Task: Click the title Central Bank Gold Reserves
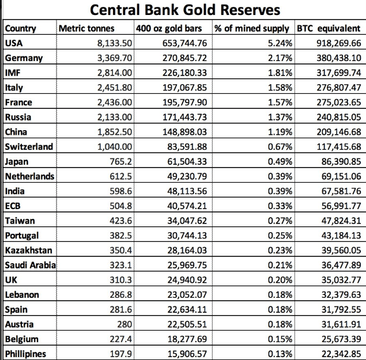coord(183,10)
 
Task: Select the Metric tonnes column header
coord(86,28)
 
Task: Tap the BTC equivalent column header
coord(328,28)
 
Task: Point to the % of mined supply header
coord(252,28)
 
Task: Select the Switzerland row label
coord(29,146)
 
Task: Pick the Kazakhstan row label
coord(28,250)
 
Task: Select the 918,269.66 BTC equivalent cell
coord(339,43)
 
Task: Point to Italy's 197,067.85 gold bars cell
coord(182,87)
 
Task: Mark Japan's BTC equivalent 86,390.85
coord(341,161)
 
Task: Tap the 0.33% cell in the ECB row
coord(281,206)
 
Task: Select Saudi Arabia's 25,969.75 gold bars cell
coord(184,265)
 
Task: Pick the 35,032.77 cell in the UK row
coord(341,279)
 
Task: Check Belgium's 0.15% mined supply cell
coord(281,338)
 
